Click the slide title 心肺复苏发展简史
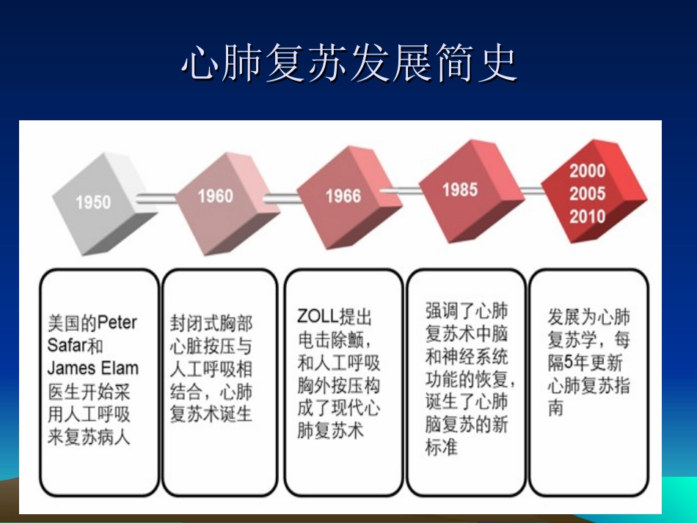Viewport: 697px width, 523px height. pos(348,65)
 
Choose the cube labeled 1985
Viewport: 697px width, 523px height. pos(460,189)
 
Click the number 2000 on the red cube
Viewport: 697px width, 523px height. pos(588,171)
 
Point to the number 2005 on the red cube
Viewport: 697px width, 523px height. pos(588,194)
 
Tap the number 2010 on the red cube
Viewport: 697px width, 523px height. pos(588,216)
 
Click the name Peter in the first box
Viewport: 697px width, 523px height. pos(117,322)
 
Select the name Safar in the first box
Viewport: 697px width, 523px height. pos(67,345)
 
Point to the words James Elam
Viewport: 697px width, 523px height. pos(92,367)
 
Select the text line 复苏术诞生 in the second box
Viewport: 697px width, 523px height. pos(211,414)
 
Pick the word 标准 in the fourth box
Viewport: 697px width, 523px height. pos(442,447)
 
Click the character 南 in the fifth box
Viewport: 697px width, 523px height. pos(555,408)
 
